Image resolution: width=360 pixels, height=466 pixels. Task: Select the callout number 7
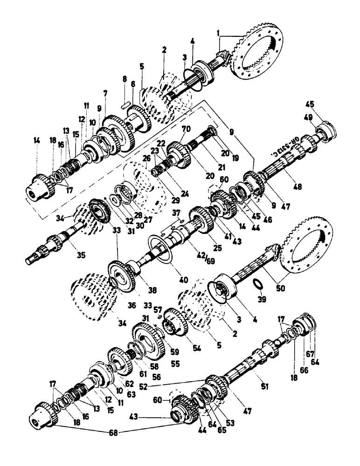[106, 93]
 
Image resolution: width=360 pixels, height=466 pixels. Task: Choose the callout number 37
[176, 213]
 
